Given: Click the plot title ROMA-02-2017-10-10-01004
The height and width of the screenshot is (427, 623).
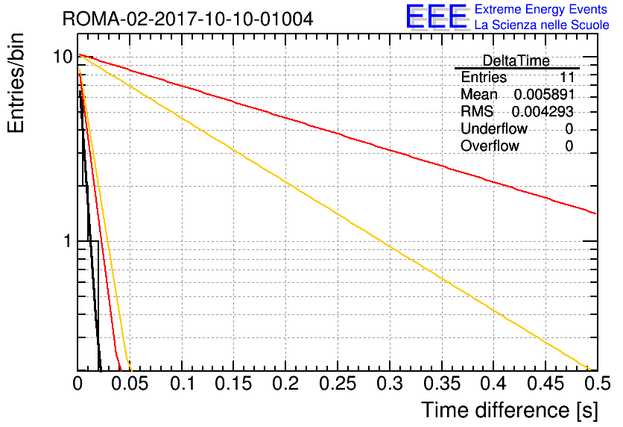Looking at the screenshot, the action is [188, 19].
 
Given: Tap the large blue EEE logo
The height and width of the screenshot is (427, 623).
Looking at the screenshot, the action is [437, 17].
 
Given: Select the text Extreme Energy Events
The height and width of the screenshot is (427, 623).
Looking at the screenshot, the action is [541, 9].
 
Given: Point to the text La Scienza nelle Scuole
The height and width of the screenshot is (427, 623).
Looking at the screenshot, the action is [542, 25].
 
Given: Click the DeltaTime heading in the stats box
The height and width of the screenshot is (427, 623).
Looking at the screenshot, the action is [516, 61].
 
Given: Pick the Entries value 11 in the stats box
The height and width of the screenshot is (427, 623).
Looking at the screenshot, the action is [567, 77].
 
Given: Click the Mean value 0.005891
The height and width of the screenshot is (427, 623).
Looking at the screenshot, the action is [544, 94].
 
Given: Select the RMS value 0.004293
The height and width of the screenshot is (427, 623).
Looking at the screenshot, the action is [543, 112].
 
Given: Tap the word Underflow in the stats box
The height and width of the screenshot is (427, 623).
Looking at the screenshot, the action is [494, 128].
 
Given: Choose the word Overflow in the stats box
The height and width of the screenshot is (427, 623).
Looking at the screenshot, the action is [490, 146].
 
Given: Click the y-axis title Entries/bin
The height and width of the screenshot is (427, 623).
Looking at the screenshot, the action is [16, 84].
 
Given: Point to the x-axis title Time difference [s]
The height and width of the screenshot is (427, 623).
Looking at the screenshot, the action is [510, 410].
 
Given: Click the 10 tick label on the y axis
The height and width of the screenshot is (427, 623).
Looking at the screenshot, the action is [63, 57].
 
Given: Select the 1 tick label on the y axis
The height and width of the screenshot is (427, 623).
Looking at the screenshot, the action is [68, 241].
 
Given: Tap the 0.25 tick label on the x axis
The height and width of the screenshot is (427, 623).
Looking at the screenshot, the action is [338, 384].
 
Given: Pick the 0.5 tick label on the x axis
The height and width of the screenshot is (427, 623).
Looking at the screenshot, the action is [598, 384].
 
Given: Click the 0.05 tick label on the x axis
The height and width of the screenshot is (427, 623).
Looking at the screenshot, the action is [130, 384].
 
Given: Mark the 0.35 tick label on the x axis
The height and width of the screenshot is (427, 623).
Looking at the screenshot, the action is [442, 384].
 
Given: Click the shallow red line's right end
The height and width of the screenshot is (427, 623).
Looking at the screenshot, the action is [596, 213].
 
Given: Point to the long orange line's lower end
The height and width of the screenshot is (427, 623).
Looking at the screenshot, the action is [590, 370].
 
